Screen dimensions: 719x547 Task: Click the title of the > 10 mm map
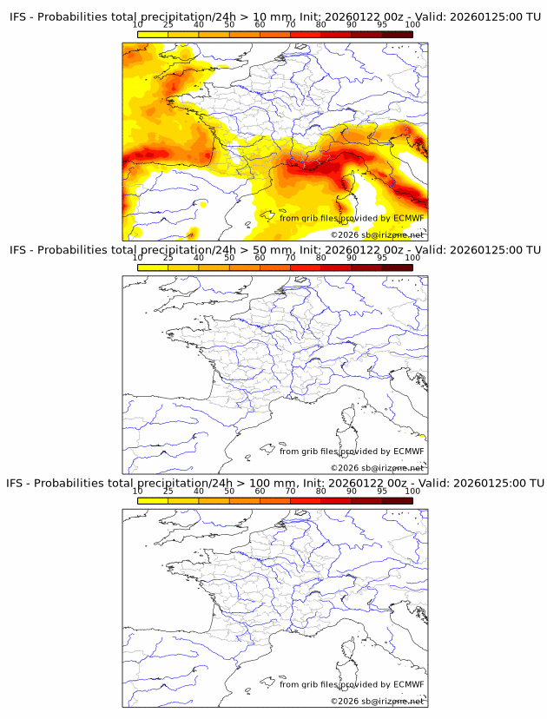[x=274, y=17]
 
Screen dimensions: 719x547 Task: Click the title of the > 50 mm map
[x=274, y=250]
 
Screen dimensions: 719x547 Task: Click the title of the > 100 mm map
[x=274, y=483]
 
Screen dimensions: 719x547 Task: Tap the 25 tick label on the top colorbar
[x=168, y=25]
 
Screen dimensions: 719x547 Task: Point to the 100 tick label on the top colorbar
[x=412, y=25]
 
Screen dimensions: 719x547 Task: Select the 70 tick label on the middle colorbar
[x=290, y=258]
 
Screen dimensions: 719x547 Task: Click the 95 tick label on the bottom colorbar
[x=382, y=491]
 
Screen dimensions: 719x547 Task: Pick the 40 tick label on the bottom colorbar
[x=199, y=491]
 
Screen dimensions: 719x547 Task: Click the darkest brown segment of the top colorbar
[x=397, y=34]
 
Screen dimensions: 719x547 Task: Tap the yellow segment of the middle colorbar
[x=153, y=267]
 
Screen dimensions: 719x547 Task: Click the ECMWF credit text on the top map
[x=352, y=218]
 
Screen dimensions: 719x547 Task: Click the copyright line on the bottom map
[x=377, y=701]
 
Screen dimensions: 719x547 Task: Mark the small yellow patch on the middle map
[x=421, y=436]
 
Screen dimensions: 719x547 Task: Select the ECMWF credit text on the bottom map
[x=352, y=684]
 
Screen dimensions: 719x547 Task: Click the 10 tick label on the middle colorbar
[x=138, y=258]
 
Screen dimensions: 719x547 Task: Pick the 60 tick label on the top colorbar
[x=260, y=25]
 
